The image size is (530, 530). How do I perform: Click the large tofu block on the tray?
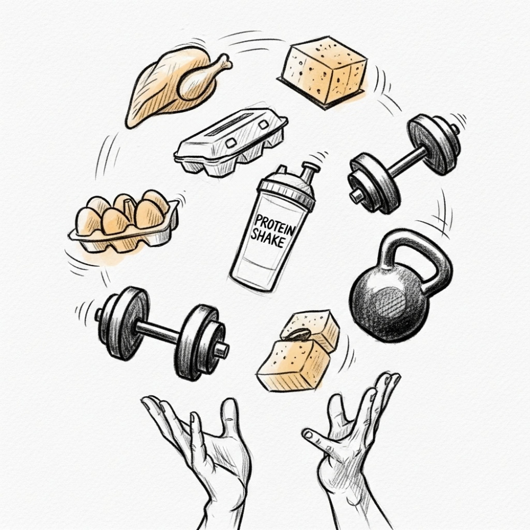pos(325,70)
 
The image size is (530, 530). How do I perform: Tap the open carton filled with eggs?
pos(124,222)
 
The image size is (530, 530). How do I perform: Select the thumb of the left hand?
pos(231,419)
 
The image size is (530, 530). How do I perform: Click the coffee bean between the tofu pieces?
pos(297,334)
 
